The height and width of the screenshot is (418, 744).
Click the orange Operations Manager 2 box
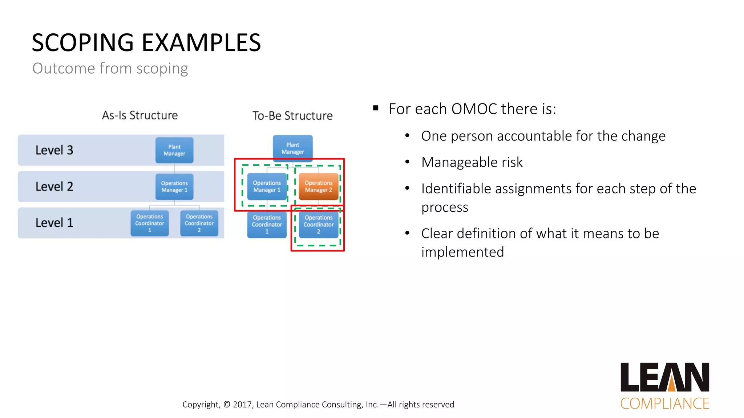[318, 187]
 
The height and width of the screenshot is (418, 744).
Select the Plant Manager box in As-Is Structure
[174, 150]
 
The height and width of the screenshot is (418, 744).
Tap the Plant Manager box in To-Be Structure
[292, 148]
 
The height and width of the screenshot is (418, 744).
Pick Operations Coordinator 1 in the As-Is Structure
[150, 223]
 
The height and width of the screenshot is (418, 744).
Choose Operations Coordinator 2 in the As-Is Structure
[199, 223]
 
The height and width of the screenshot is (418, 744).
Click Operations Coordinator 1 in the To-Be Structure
[267, 225]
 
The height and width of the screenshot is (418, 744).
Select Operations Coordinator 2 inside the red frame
[318, 225]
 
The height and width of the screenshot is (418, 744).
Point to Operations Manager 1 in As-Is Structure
[174, 187]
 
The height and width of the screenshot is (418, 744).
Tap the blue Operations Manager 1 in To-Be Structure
[267, 187]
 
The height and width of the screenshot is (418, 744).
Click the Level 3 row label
[54, 150]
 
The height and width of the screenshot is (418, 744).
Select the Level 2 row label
[54, 187]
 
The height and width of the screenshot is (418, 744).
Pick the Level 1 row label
[54, 223]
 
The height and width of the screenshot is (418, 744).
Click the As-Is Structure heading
[140, 115]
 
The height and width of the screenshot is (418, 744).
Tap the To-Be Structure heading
[292, 116]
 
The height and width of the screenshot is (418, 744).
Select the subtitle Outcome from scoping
[110, 69]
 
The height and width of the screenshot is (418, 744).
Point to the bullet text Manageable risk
[472, 162]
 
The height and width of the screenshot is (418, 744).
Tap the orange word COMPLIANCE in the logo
[664, 403]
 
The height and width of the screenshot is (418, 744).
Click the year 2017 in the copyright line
[242, 405]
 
